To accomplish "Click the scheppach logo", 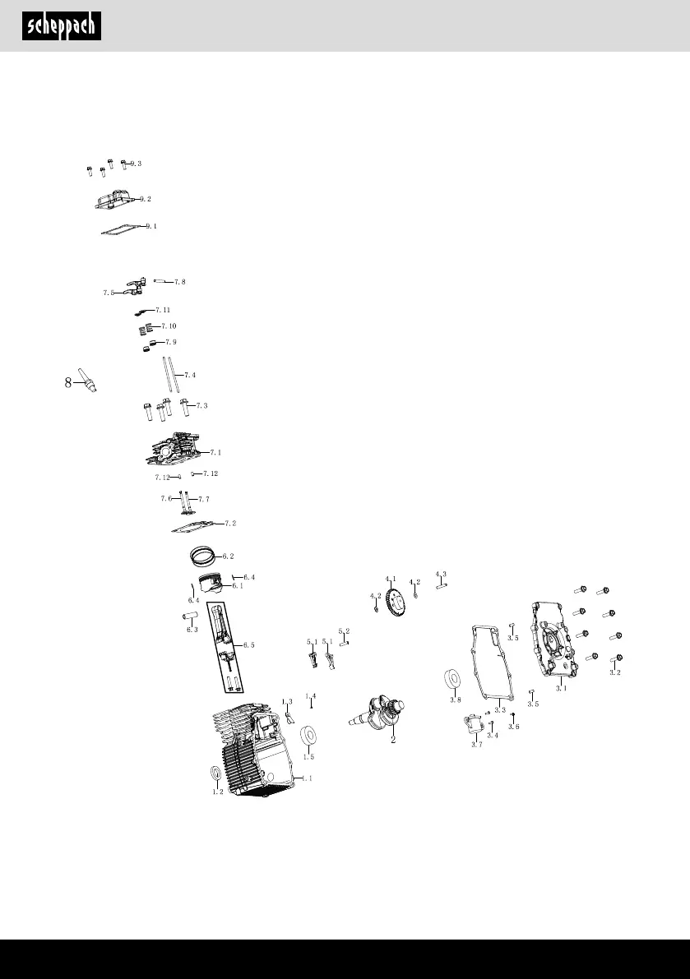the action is [63, 26].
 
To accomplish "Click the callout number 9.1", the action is [151, 225].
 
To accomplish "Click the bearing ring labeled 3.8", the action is [452, 680].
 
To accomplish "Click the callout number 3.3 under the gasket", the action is [499, 709].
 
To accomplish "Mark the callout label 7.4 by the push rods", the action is [189, 375].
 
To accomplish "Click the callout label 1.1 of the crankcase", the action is [308, 778].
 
